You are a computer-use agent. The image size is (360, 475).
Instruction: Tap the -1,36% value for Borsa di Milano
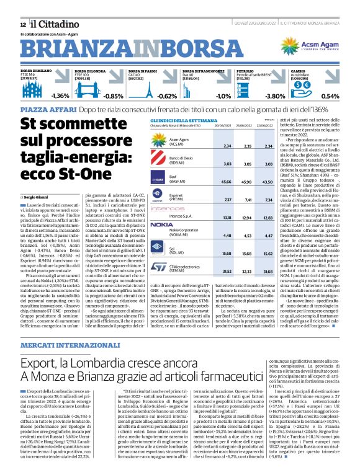pos(60,96)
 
